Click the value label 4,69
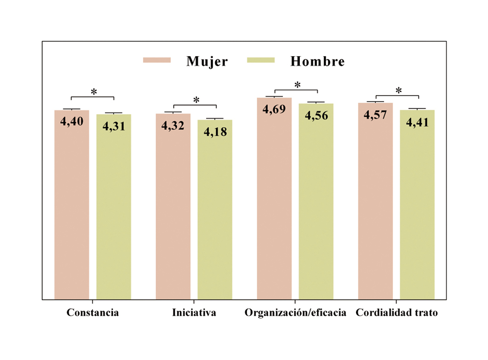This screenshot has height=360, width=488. tap(274, 109)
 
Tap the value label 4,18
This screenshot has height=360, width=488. tap(215, 132)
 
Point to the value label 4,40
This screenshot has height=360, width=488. tap(72, 122)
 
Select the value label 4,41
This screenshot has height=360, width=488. tap(417, 122)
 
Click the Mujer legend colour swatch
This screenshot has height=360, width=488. tap(157, 60)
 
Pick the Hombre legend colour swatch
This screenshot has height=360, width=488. tap(261, 60)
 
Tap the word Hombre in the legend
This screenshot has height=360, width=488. tap(317, 61)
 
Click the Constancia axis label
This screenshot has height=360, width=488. tap(93, 313)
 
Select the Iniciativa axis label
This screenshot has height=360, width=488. tap(194, 313)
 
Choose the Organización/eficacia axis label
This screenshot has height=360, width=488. tap(295, 313)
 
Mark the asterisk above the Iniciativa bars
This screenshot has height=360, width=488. tap(196, 100)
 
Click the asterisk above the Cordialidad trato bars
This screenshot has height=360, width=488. tap(398, 91)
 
